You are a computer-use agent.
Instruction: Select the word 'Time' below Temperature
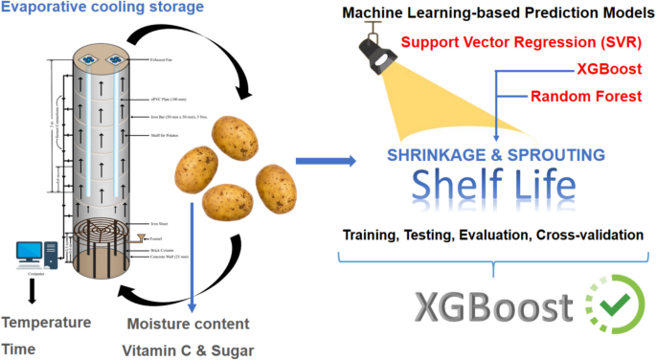pos(21,349)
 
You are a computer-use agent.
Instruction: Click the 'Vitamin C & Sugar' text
pos(190,349)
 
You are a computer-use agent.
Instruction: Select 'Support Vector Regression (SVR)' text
pos(521,42)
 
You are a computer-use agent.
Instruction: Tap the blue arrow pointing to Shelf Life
pos(323,159)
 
